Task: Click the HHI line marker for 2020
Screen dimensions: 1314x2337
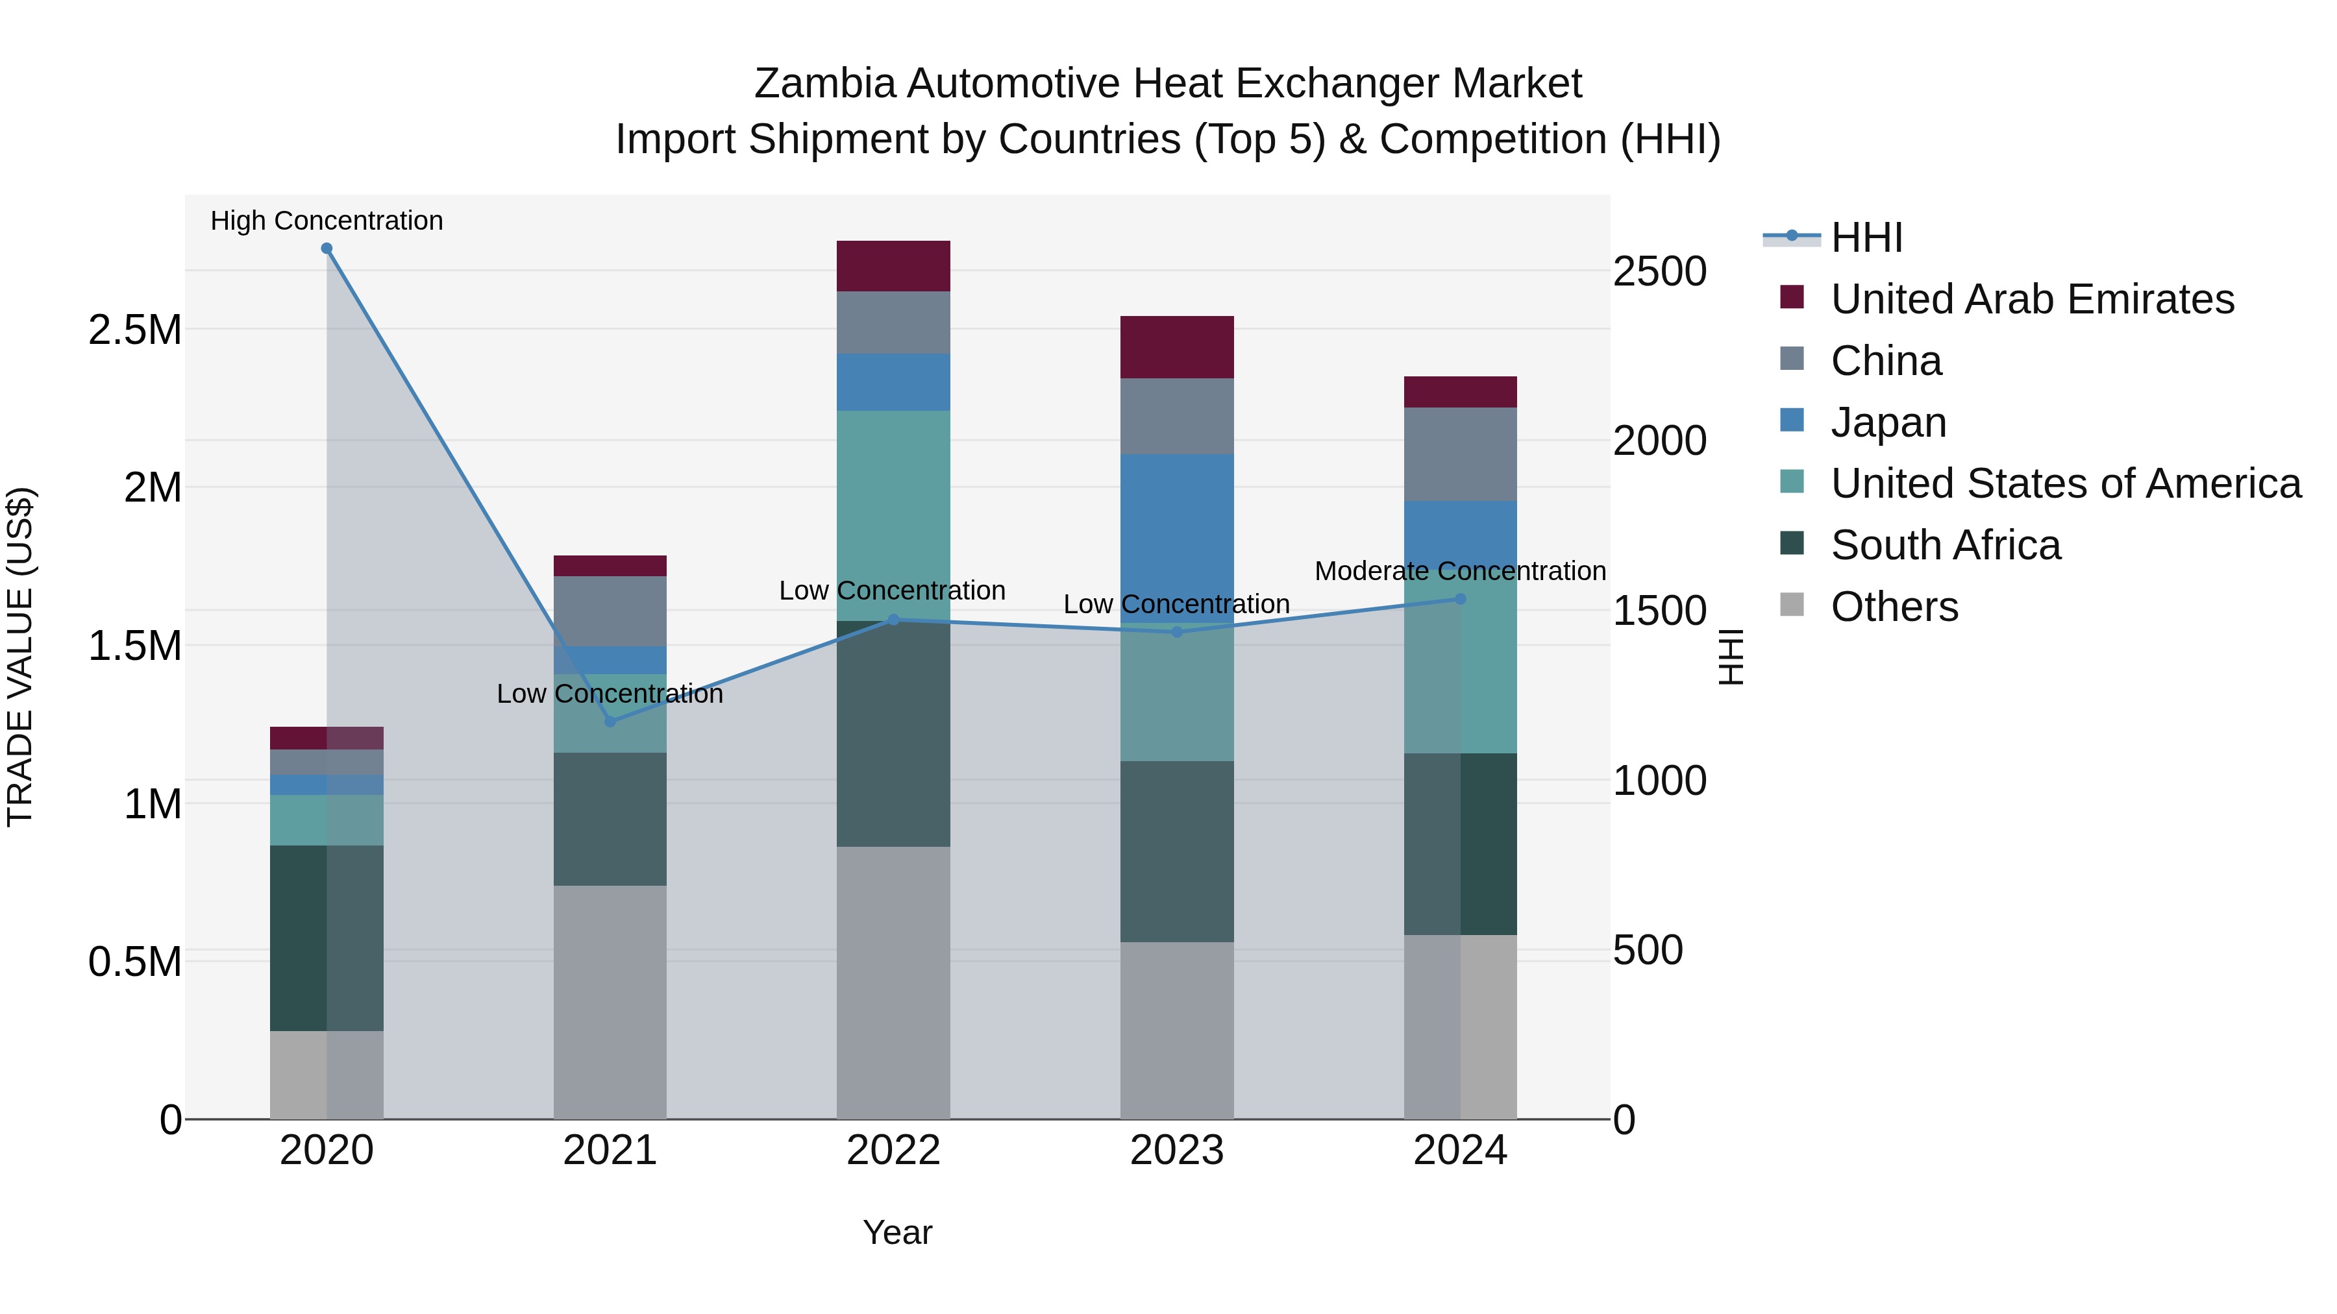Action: (x=327, y=249)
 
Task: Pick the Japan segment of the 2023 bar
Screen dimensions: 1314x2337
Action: (x=1177, y=535)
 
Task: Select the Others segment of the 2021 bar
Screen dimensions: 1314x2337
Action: (x=610, y=1001)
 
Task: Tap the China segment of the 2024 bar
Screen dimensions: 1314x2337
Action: (x=1461, y=454)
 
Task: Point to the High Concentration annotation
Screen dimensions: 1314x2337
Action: (x=327, y=221)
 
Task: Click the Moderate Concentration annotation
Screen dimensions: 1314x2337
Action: (x=1460, y=571)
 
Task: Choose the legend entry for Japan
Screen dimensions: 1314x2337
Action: (x=1888, y=422)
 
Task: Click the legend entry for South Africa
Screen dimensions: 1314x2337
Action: (x=1945, y=545)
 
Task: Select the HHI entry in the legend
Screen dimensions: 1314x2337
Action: (x=1866, y=237)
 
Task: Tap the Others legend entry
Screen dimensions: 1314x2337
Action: (x=1894, y=607)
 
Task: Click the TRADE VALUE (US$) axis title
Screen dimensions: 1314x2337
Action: (x=20, y=657)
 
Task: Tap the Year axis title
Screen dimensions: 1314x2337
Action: (x=897, y=1232)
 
